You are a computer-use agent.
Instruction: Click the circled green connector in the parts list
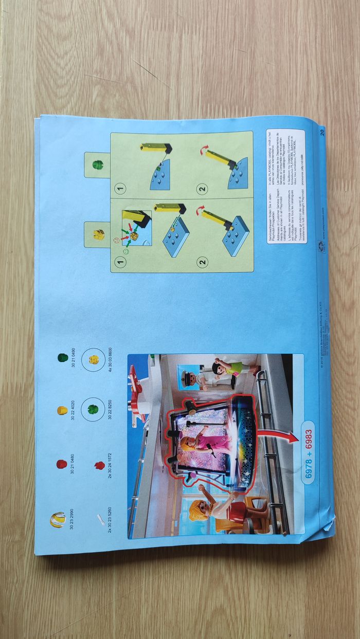(x=93, y=410)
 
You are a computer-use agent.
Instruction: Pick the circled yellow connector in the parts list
(x=93, y=358)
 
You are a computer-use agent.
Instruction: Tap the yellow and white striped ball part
(x=56, y=520)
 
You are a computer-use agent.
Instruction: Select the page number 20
(x=321, y=132)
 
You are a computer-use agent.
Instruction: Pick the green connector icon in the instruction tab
(x=97, y=165)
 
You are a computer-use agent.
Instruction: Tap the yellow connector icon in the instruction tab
(x=97, y=235)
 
